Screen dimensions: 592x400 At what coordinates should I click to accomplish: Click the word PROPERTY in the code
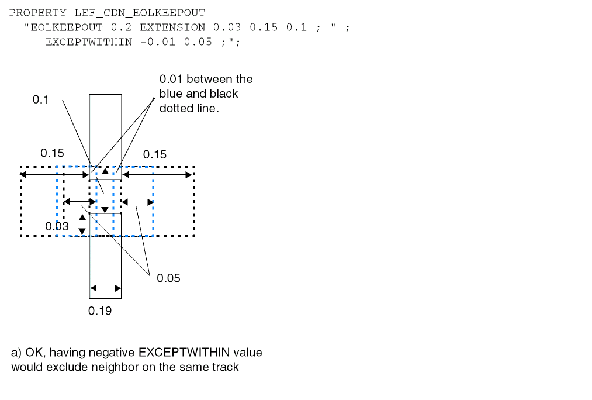[38, 13]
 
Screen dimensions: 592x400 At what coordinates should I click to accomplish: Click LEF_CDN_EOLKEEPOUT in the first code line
[140, 13]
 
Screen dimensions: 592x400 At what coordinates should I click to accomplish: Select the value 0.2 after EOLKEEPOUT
[121, 27]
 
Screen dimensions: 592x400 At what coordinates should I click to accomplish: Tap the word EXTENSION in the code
[172, 27]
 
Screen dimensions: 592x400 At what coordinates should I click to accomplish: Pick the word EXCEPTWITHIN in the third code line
[89, 42]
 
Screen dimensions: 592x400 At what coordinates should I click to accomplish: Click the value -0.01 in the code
[157, 42]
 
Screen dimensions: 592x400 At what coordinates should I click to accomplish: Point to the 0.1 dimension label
[40, 100]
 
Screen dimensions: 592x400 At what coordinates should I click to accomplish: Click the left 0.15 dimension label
[52, 153]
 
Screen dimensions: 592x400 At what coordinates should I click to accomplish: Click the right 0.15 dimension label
[154, 154]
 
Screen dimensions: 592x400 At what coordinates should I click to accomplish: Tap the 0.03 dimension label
[57, 226]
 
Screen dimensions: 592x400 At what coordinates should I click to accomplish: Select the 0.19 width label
[100, 311]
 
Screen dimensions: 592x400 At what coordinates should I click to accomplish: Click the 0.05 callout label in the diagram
[168, 278]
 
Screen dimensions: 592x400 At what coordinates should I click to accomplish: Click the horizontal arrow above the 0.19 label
[106, 288]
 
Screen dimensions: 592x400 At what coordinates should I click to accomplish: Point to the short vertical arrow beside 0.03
[82, 225]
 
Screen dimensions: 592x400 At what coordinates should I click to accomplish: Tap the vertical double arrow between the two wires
[105, 191]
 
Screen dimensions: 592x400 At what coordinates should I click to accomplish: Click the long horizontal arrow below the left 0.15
[54, 174]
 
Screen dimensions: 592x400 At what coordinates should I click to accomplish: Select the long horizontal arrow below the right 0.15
[157, 174]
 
